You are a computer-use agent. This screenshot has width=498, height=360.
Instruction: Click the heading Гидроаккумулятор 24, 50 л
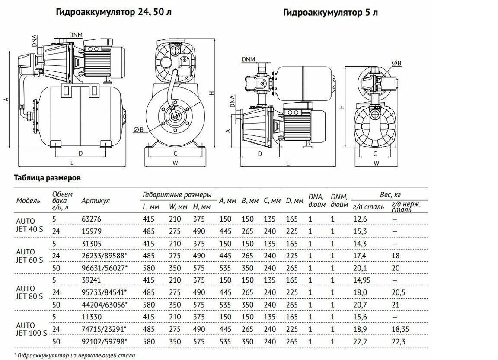[114, 12]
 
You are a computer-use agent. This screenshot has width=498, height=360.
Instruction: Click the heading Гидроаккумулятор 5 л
[330, 12]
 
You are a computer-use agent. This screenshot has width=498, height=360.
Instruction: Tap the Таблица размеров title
[47, 178]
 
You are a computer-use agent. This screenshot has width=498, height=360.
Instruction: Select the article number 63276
[91, 219]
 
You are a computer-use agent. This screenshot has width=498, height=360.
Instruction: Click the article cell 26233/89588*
[104, 256]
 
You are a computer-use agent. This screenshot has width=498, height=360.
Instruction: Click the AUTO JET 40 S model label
[29, 225]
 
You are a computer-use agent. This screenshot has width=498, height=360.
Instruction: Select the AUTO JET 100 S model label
[31, 329]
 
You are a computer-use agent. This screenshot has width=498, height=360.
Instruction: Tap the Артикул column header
[95, 201]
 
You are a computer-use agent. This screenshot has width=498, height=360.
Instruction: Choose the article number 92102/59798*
[104, 342]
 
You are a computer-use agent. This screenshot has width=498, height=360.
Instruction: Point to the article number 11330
[91, 317]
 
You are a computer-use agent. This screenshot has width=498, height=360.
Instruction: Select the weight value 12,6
[361, 219]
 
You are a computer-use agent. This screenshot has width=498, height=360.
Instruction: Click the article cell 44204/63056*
[104, 305]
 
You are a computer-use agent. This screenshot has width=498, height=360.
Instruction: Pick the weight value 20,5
[398, 293]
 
